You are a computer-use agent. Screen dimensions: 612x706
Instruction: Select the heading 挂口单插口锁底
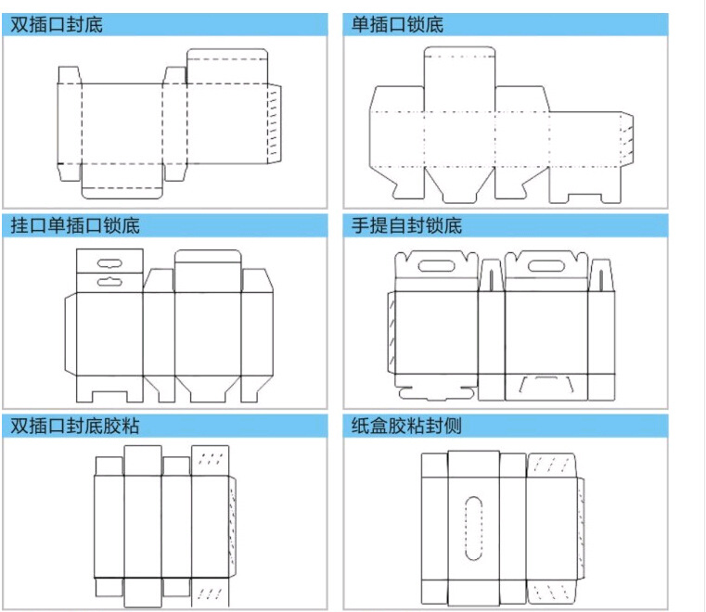coord(75,225)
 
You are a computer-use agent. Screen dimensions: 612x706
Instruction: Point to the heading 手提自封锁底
coord(406,225)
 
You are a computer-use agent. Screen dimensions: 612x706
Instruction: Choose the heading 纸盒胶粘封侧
coord(406,426)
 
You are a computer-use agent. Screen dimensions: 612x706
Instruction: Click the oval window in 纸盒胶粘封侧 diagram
coord(473,529)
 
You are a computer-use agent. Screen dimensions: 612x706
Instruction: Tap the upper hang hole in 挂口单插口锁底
coord(109,261)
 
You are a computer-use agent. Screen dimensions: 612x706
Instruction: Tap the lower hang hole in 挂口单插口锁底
coord(109,277)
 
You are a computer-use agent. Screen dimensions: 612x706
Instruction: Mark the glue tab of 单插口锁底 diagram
coord(627,136)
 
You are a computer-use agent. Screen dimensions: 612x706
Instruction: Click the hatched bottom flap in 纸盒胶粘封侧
coord(553,590)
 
